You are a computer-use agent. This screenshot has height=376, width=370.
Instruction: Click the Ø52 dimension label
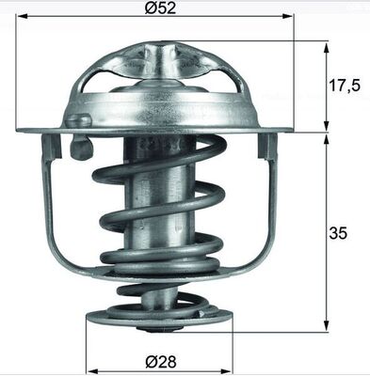click(x=160, y=8)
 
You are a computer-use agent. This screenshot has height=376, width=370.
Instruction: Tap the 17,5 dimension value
click(x=345, y=86)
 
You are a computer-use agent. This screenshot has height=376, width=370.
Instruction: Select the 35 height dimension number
click(x=338, y=233)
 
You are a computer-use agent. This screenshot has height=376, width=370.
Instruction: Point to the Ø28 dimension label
click(x=161, y=362)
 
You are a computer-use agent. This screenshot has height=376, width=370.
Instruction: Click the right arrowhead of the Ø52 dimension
click(x=288, y=15)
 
